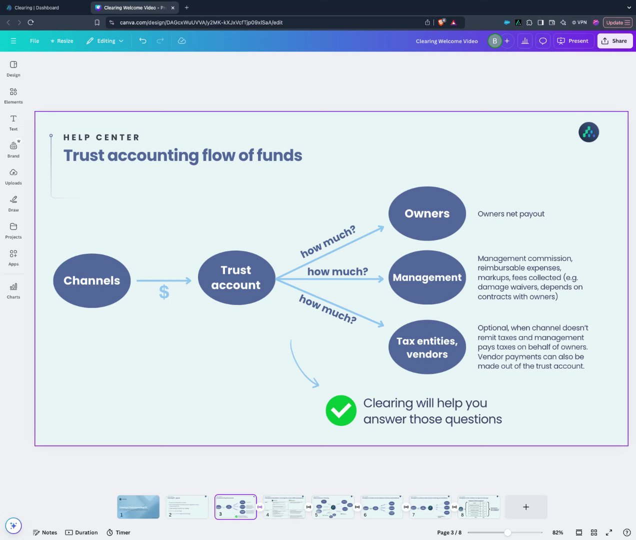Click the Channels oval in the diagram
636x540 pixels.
pyautogui.click(x=91, y=280)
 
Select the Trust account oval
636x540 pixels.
pyautogui.click(x=236, y=277)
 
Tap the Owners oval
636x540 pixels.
pyautogui.click(x=427, y=213)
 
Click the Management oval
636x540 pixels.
pyautogui.click(x=427, y=277)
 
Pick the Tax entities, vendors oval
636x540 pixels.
pyautogui.click(x=427, y=347)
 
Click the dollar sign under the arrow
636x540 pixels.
pyautogui.click(x=164, y=292)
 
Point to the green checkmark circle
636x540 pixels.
pyautogui.click(x=341, y=410)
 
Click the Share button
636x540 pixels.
pyautogui.click(x=614, y=41)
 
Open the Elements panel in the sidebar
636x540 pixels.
pyautogui.click(x=13, y=95)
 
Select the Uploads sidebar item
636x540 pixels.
pyautogui.click(x=13, y=176)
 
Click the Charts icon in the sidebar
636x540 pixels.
pyautogui.click(x=13, y=290)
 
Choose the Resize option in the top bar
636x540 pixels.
pyautogui.click(x=61, y=41)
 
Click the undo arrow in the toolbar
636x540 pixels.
pyautogui.click(x=143, y=41)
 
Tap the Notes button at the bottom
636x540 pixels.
pyautogui.click(x=44, y=532)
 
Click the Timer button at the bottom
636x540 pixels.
pyautogui.click(x=118, y=532)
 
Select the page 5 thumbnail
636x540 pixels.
pyautogui.click(x=332, y=507)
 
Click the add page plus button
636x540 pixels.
pyautogui.click(x=526, y=507)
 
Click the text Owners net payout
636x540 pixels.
pyautogui.click(x=511, y=214)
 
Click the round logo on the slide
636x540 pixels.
pyautogui.click(x=588, y=132)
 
